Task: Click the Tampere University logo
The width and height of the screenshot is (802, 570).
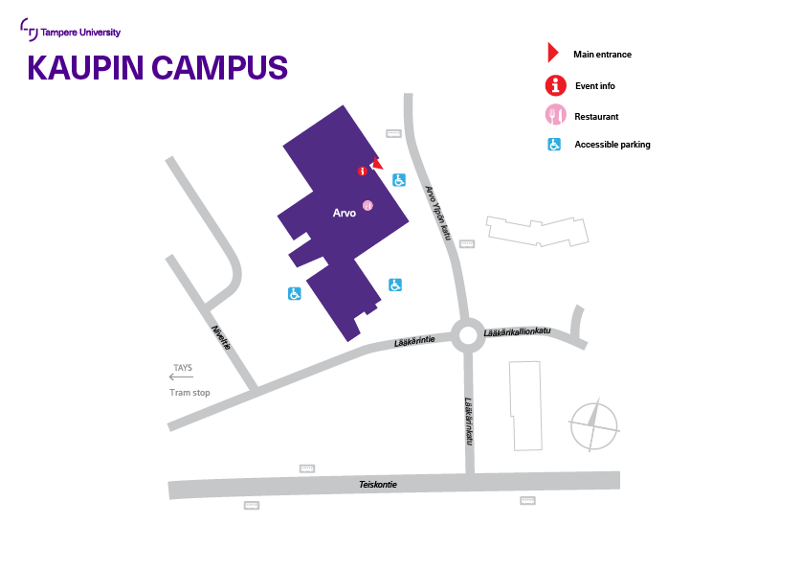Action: tap(71, 32)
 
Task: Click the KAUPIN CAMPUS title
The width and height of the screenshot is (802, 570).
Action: tap(158, 68)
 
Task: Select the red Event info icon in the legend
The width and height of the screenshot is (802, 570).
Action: tap(556, 86)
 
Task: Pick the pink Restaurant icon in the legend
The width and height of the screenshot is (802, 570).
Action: tap(556, 116)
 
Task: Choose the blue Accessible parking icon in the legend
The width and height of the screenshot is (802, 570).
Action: tap(554, 145)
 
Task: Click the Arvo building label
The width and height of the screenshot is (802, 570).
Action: tap(344, 213)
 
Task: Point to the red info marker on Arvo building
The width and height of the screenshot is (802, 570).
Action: tap(362, 171)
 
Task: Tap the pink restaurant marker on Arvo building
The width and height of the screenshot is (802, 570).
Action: tap(368, 205)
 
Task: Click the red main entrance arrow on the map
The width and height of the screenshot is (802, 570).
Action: tap(377, 164)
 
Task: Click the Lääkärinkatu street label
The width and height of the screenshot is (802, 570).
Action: tap(470, 422)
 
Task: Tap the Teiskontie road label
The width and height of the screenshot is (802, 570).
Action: tap(378, 485)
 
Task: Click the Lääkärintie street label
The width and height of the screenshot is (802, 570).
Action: tap(414, 341)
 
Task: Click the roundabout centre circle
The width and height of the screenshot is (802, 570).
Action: tap(469, 336)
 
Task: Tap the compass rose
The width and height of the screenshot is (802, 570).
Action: tap(594, 425)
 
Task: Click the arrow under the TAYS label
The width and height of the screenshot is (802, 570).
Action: tap(181, 377)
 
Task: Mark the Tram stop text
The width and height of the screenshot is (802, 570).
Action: tap(189, 393)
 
